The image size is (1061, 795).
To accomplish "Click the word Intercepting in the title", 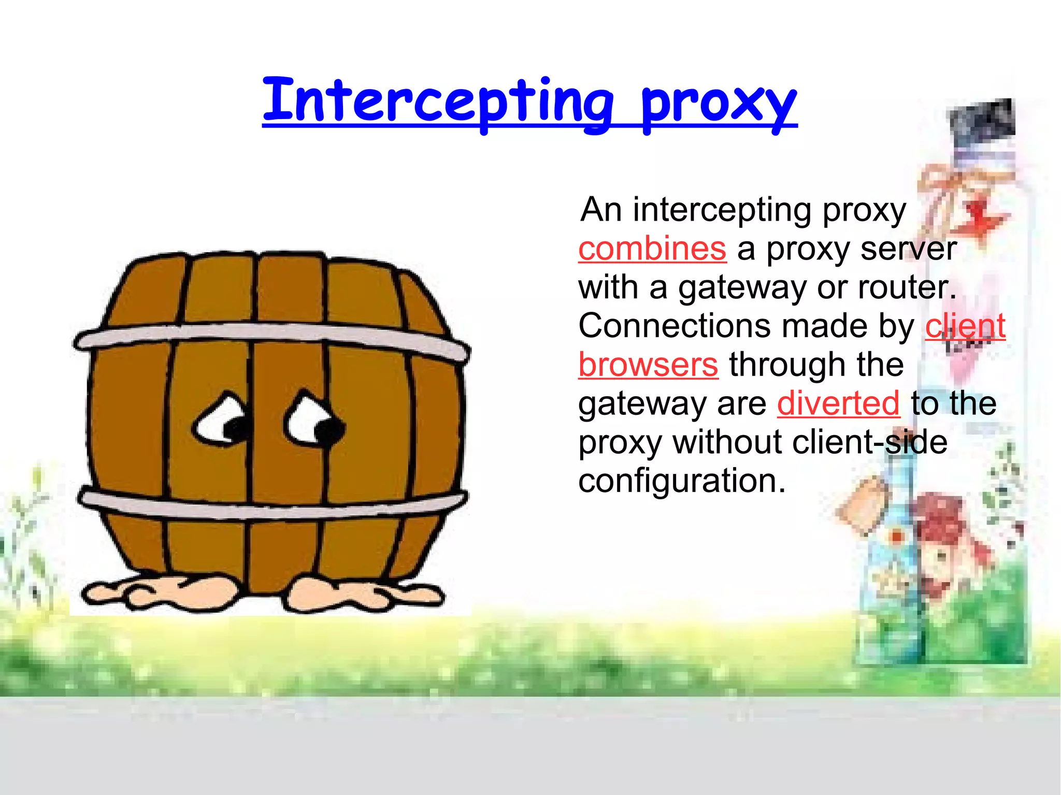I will tap(438, 101).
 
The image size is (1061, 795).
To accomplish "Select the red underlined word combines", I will tap(652, 249).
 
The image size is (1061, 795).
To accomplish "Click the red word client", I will tap(965, 326).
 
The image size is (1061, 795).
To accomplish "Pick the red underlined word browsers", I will tap(648, 365).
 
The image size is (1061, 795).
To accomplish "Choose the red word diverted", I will tap(838, 403).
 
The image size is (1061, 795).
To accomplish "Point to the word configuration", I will tap(681, 481).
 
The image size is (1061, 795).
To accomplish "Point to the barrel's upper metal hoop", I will tap(269, 334).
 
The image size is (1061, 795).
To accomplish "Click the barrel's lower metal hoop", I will tap(269, 505).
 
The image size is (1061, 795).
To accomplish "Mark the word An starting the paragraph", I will tap(601, 210).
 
